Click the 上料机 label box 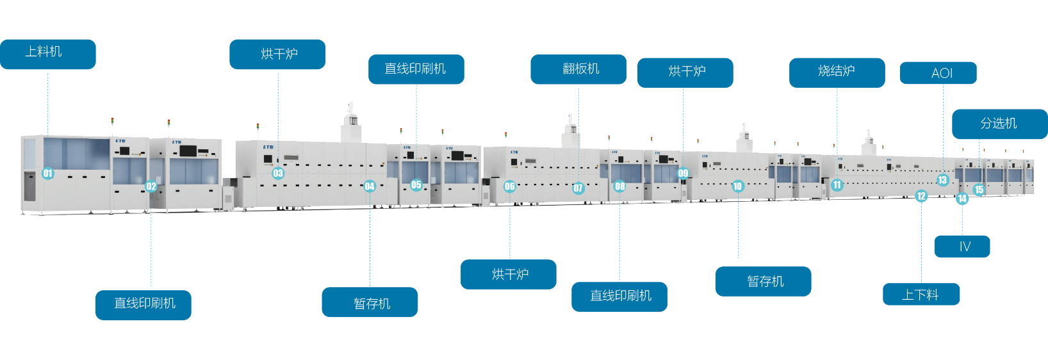(47, 54)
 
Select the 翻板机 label (578, 69)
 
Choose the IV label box (962, 247)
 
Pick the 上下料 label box (921, 295)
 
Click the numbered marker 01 (48, 173)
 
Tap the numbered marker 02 (151, 186)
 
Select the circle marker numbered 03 (278, 173)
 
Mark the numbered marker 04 (370, 186)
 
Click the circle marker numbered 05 (416, 185)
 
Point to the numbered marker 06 (510, 186)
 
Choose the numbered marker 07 (578, 188)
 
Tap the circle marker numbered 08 (619, 186)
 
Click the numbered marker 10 (738, 186)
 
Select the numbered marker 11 (837, 185)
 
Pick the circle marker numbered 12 (921, 196)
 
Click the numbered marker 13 (942, 180)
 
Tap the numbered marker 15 (979, 190)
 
